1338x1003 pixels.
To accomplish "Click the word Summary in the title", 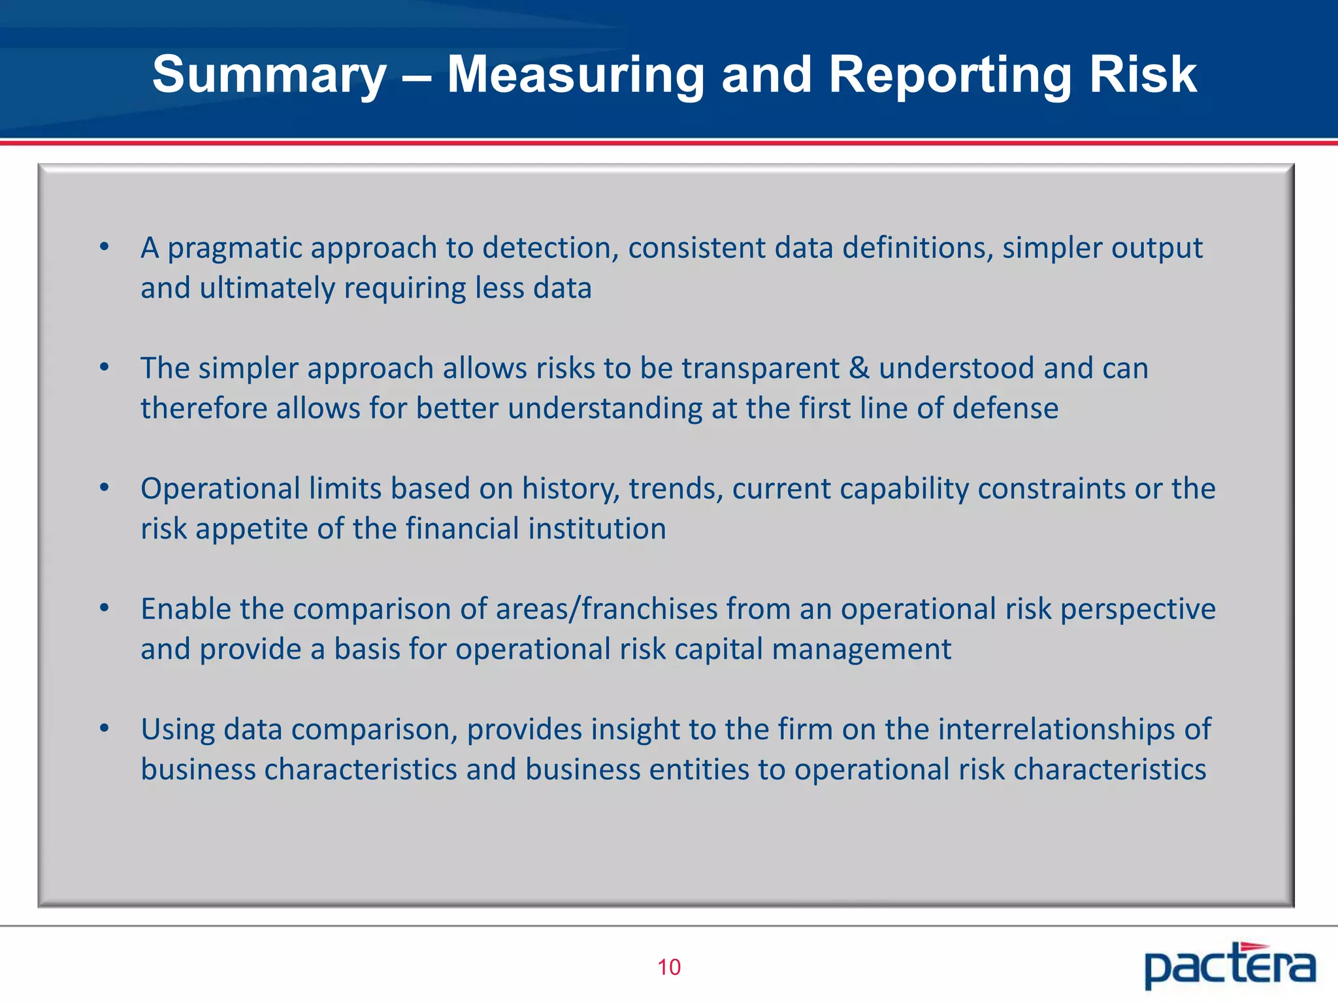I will click(x=270, y=75).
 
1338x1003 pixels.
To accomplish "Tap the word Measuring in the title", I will click(x=576, y=75).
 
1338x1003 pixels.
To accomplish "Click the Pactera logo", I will click(x=1229, y=965).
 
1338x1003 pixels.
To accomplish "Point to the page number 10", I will click(x=668, y=967).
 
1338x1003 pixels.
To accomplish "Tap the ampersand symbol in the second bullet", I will click(x=859, y=368).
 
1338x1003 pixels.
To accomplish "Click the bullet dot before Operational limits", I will click(x=104, y=488).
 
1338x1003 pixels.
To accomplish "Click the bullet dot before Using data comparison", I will click(x=104, y=728).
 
